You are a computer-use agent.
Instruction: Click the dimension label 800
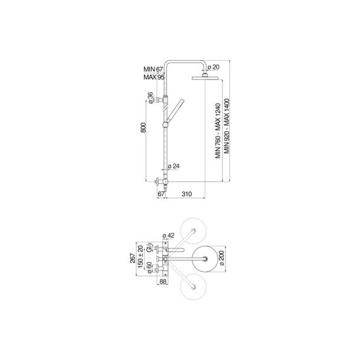143,128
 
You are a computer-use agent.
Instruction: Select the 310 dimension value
187,194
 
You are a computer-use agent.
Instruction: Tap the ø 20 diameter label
213,67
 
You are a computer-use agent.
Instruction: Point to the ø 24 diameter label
174,166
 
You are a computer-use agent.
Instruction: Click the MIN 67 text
153,69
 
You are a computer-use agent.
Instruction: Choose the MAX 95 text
154,77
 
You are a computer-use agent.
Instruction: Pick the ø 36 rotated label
150,98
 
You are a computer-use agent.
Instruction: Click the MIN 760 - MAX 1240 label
218,131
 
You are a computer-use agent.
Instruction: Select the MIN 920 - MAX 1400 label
227,126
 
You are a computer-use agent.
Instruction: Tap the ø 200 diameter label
222,258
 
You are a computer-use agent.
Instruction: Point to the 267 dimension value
133,258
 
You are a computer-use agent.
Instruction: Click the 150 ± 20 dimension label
140,256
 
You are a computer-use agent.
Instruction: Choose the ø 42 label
169,236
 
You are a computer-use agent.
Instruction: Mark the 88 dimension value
162,282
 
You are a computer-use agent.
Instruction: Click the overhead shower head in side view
205,78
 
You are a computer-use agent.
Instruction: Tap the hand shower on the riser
176,111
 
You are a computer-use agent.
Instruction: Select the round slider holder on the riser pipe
165,125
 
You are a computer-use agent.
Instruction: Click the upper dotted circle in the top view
193,231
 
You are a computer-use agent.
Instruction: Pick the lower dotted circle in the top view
193,287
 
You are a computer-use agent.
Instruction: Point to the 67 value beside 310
161,194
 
